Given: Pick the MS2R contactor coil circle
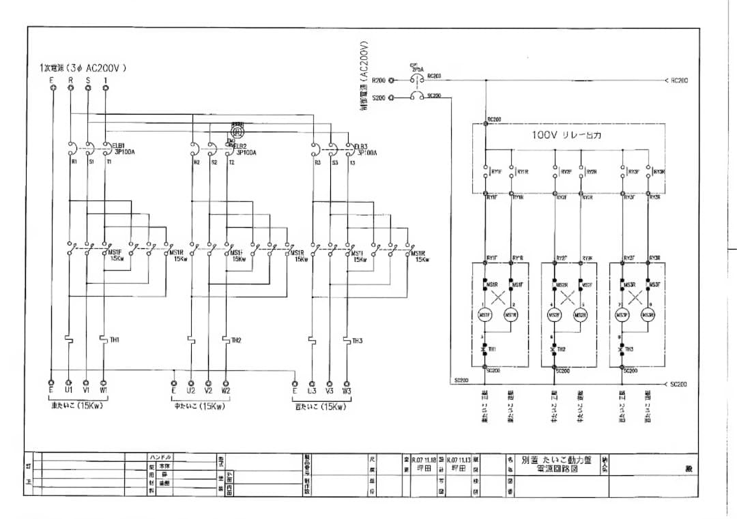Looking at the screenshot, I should (x=581, y=314).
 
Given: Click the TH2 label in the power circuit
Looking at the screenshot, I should (x=236, y=340).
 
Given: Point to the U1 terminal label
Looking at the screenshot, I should (x=69, y=391).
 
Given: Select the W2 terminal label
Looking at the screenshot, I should (x=226, y=391).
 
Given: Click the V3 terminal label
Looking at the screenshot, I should (x=330, y=391).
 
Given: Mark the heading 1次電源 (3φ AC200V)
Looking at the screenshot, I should (x=83, y=68).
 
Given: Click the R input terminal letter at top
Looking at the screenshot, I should (x=70, y=80).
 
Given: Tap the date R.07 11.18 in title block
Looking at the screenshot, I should (x=424, y=460).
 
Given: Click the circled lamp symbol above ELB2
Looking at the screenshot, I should (x=237, y=129).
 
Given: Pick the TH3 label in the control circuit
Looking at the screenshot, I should (x=628, y=349).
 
